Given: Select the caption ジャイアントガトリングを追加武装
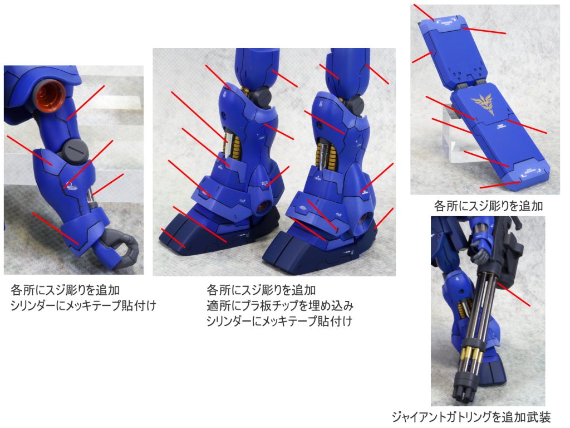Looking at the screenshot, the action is pos(471,417).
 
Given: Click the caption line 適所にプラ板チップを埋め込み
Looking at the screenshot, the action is pos(280,306).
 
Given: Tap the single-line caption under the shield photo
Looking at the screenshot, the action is pos(488,206).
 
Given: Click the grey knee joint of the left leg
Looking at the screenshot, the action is pos(262,96).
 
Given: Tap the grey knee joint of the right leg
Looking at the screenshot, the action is pos(355,104).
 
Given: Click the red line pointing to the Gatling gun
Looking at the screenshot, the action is pos(514,294).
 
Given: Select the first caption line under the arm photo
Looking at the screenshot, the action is pos(65,290).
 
